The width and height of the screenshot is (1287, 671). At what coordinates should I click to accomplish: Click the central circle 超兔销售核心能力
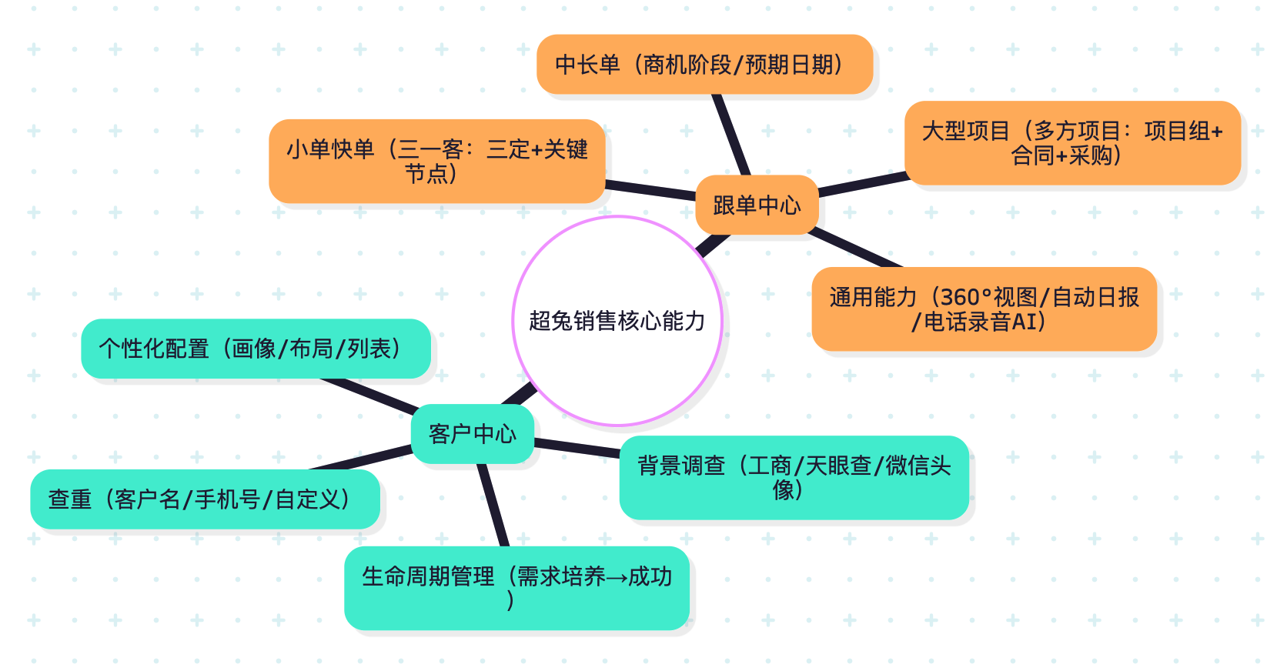point(617,321)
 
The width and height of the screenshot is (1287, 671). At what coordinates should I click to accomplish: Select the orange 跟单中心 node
point(757,205)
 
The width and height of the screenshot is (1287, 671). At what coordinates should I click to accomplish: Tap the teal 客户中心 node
point(472,434)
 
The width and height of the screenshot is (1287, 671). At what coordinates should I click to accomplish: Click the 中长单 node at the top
point(704,65)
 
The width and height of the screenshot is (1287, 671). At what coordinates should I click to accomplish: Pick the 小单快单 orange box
point(436,161)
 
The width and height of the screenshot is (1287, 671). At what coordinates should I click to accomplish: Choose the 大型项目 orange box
point(1072,143)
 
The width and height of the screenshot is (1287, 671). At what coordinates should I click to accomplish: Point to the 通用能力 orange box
point(984,309)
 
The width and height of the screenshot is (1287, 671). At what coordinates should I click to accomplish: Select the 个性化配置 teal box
point(256,349)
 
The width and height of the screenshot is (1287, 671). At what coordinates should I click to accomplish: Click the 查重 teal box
point(205,499)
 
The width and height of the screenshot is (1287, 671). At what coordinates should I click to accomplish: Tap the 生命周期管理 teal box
point(516,588)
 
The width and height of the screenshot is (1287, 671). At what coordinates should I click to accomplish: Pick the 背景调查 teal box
point(794,477)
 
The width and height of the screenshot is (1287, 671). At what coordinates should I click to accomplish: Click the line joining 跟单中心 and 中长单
point(731,135)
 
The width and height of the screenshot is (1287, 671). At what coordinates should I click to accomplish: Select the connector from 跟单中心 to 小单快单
point(650,189)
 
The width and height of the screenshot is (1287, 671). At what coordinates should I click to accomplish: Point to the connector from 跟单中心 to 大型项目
point(862,184)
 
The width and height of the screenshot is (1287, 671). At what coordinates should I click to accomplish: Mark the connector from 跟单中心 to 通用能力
point(854,247)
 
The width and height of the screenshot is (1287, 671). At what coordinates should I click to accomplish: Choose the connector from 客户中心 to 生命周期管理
point(493,505)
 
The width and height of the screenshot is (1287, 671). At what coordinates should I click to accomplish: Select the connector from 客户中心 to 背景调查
point(577,447)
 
